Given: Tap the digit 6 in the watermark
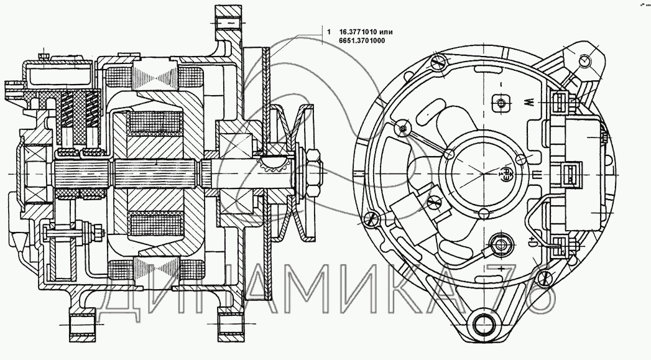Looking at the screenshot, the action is click(x=537, y=291).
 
